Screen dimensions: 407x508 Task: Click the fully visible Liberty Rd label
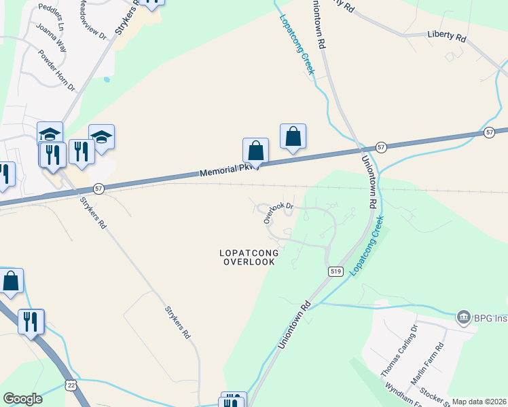tap(446, 35)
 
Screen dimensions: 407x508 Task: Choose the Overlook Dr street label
tap(278, 211)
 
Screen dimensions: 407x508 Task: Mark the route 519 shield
tap(335, 271)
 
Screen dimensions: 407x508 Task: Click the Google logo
tap(22, 399)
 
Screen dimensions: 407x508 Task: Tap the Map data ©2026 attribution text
tap(479, 402)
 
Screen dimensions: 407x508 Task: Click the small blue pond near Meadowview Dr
tap(107, 79)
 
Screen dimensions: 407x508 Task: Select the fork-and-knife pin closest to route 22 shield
tap(31, 322)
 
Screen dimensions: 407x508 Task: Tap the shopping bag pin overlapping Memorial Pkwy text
tap(255, 151)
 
